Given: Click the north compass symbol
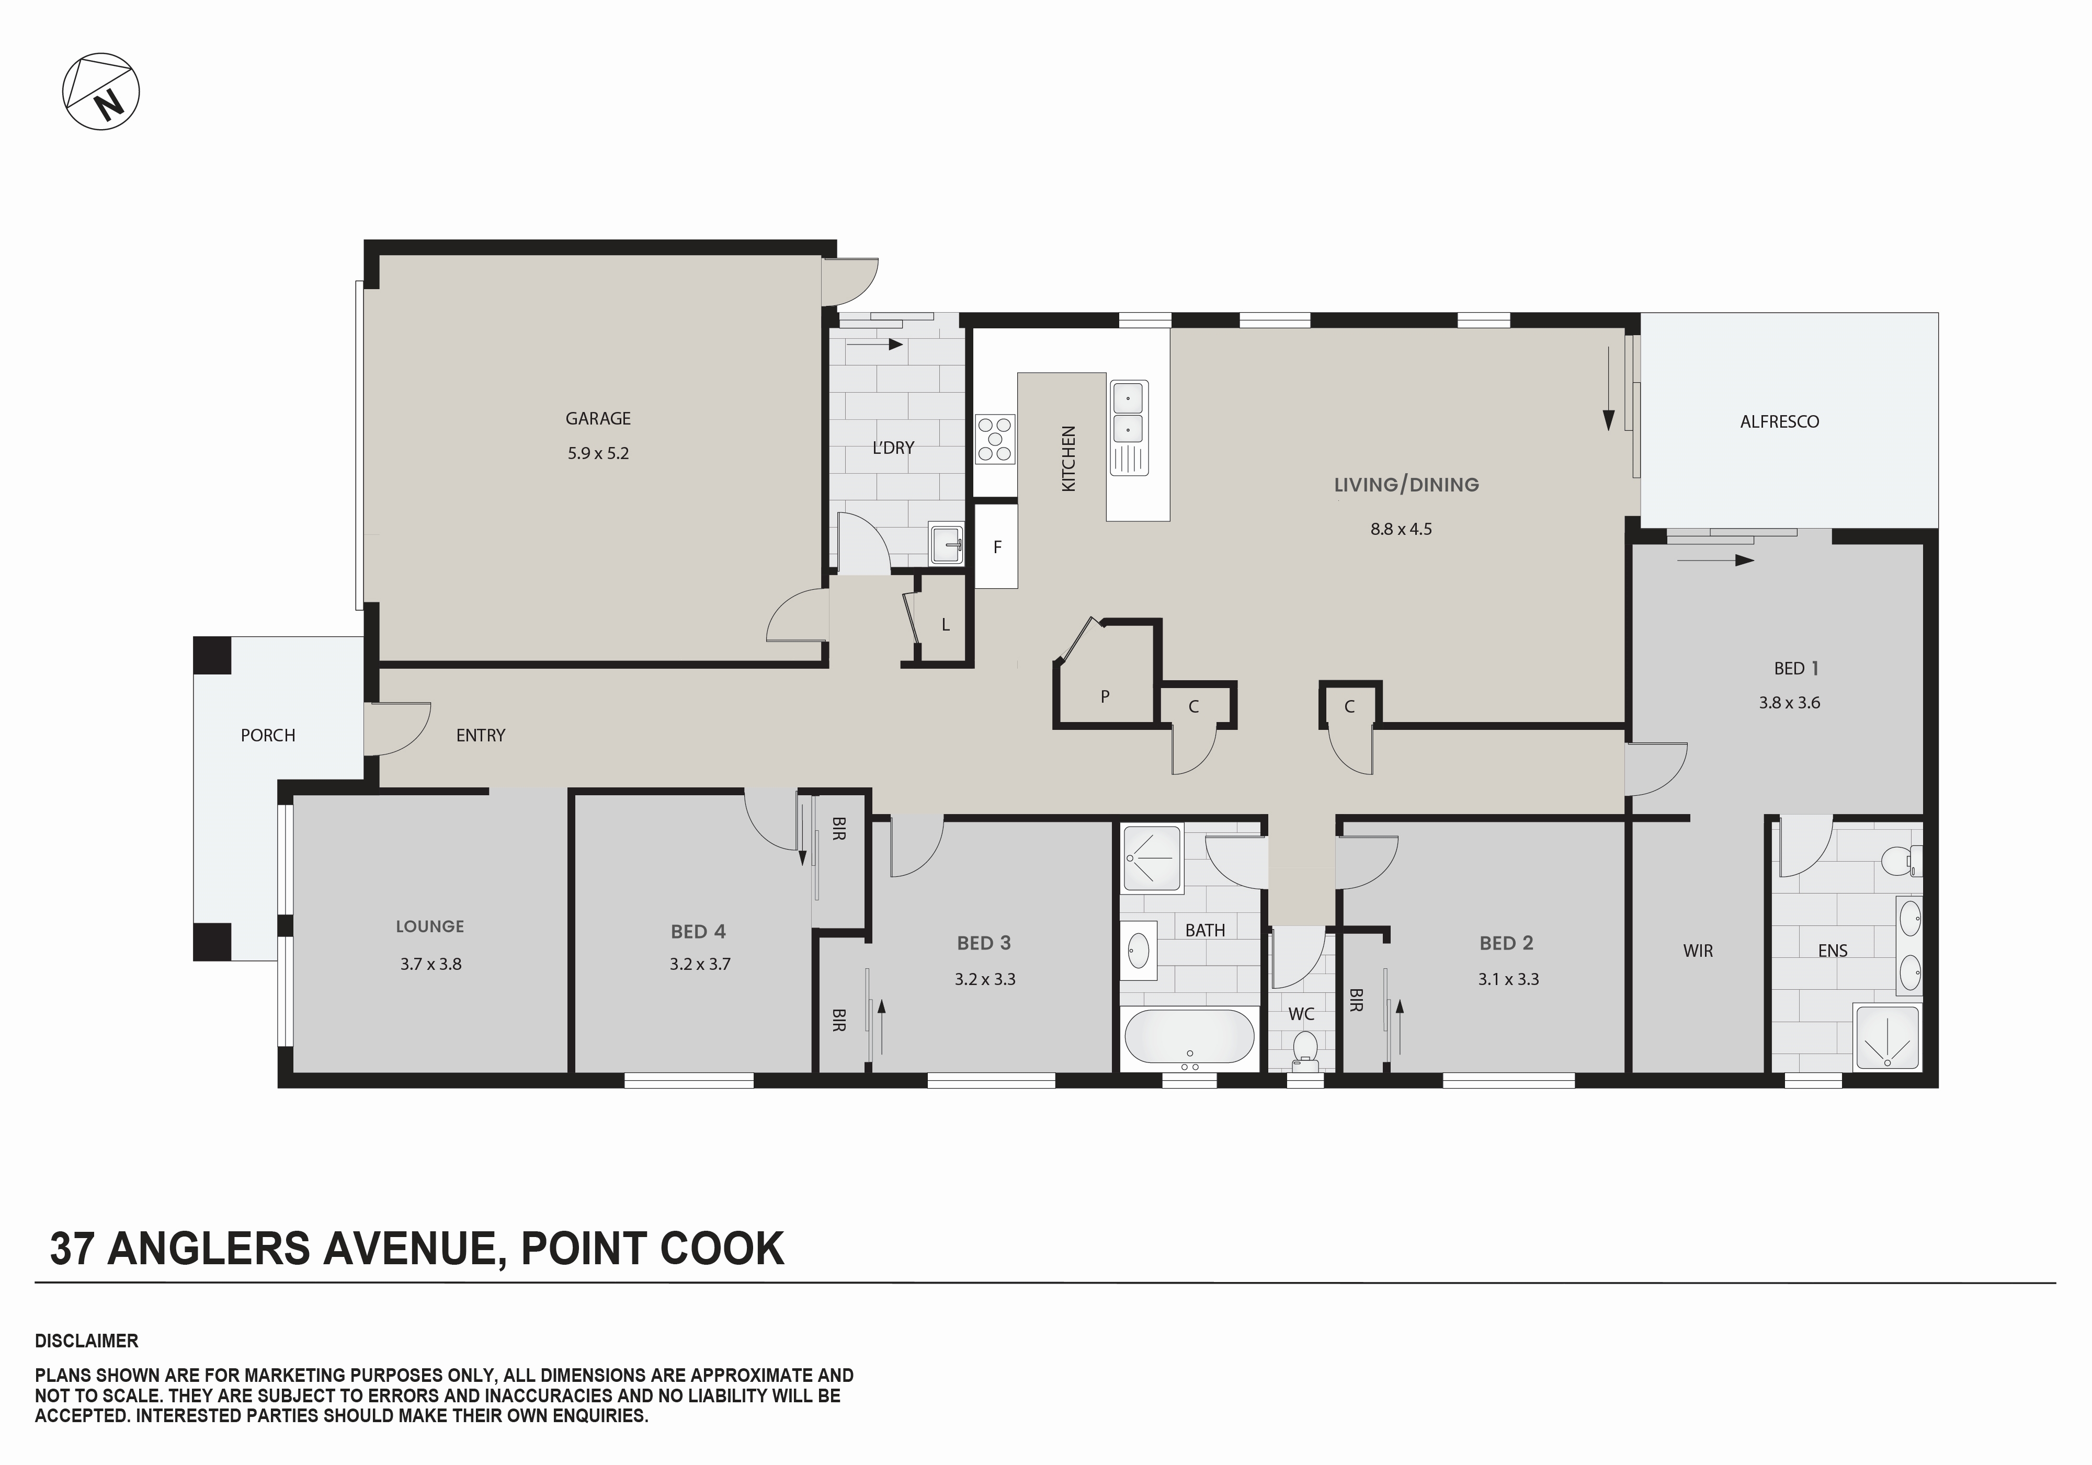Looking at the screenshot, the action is click(x=101, y=91).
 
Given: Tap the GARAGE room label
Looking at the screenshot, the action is click(x=598, y=418).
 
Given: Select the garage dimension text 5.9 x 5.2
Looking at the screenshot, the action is click(x=598, y=453).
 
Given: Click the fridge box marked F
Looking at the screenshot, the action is click(x=997, y=547).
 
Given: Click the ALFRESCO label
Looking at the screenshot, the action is click(x=1779, y=422).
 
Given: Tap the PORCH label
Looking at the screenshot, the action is click(x=268, y=735).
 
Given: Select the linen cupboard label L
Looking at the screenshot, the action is click(x=946, y=625).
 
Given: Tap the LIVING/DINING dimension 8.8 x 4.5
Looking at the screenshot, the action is click(x=1401, y=529).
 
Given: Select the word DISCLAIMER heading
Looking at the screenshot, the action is click(x=87, y=1341).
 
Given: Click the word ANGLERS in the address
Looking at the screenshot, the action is click(x=208, y=1249).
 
